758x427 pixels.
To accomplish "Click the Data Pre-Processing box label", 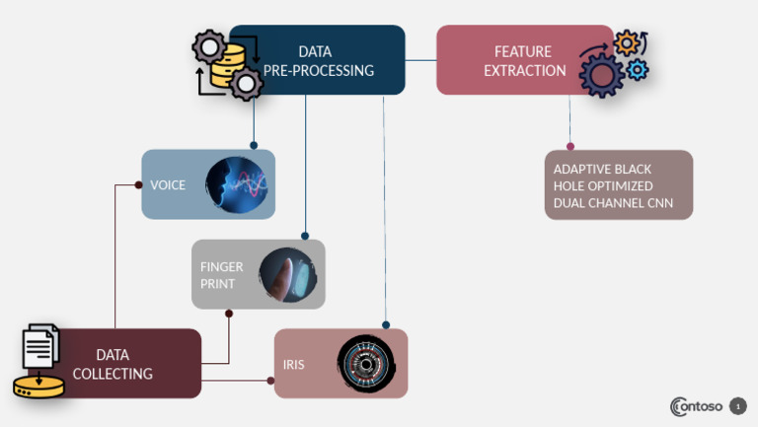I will click(x=318, y=60).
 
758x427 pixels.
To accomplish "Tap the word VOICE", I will click(x=168, y=184).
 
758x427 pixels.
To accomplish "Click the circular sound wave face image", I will click(x=237, y=184).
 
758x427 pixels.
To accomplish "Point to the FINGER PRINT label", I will click(x=221, y=275).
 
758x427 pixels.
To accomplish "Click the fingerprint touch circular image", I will click(x=287, y=275).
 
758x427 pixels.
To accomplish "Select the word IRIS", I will click(x=293, y=365).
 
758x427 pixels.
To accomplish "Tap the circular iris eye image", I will click(x=366, y=365).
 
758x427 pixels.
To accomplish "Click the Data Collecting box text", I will click(x=125, y=364).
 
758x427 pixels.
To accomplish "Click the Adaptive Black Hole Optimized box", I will click(x=618, y=184).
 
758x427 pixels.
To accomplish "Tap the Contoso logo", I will click(x=696, y=406).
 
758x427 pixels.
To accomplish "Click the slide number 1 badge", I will click(x=737, y=406).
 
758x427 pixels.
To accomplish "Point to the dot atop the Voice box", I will click(x=254, y=145).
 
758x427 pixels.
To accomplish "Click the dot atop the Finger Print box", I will click(x=305, y=236).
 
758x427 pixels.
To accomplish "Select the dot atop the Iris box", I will click(x=386, y=324).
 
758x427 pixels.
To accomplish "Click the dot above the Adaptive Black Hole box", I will click(x=569, y=146).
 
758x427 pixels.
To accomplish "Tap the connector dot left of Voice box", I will click(x=138, y=184).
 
